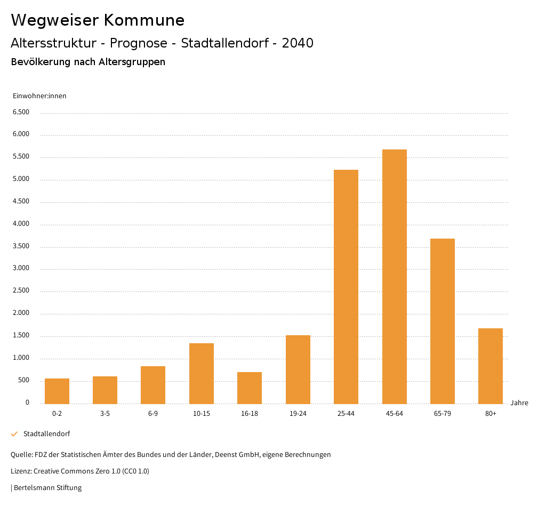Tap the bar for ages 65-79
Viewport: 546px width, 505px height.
(x=442, y=321)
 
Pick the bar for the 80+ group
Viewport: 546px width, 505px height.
(x=491, y=366)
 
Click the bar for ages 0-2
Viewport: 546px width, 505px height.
(x=57, y=391)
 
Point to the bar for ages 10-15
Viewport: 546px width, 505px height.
(x=202, y=373)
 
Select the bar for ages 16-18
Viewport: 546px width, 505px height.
(x=250, y=388)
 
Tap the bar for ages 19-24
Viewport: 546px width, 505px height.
(x=298, y=369)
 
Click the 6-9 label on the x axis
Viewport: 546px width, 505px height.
(x=153, y=414)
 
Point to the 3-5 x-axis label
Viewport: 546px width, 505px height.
(x=105, y=414)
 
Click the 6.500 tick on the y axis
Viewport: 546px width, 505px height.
(x=21, y=112)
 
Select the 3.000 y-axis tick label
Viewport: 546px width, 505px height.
(x=21, y=268)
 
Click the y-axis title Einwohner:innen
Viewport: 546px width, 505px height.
(x=39, y=96)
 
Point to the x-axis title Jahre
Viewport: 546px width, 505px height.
(x=519, y=403)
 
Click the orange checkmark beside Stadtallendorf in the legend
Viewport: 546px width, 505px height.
(x=14, y=434)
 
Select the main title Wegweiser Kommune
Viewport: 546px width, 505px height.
(x=98, y=20)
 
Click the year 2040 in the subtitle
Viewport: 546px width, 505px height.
(x=298, y=43)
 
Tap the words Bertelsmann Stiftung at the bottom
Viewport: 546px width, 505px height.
(x=47, y=488)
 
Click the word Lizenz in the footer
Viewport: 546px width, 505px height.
(x=21, y=471)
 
